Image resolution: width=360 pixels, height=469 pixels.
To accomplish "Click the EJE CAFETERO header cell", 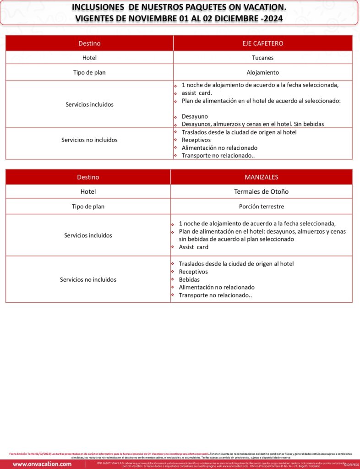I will click(x=262, y=44).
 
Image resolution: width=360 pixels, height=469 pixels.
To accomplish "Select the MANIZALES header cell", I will click(x=261, y=177).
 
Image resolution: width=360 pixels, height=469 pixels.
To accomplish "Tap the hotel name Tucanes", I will click(x=262, y=58).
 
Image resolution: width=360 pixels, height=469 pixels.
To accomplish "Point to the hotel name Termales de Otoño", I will click(x=261, y=191).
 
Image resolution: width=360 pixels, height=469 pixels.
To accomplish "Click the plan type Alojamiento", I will click(x=262, y=72).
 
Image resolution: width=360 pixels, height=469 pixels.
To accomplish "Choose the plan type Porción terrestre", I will click(x=261, y=207).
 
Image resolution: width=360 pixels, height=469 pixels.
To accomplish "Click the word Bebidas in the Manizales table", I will click(x=189, y=279).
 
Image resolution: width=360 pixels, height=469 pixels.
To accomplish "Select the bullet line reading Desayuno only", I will click(x=195, y=116).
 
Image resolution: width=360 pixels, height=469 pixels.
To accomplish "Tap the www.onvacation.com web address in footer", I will click(x=42, y=464).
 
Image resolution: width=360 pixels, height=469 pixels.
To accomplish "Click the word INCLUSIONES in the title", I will click(x=97, y=7).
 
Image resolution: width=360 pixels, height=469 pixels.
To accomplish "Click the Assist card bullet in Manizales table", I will click(x=193, y=247).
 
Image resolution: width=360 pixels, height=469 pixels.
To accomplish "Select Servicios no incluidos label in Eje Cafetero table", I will click(x=89, y=140).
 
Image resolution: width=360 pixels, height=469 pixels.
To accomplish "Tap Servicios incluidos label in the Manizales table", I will click(x=88, y=235).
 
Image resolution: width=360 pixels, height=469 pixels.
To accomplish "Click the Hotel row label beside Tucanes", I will click(x=89, y=58).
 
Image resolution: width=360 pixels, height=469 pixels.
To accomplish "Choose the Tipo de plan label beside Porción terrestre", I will click(x=88, y=207).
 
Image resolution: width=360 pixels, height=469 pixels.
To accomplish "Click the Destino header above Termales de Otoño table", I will click(x=88, y=177).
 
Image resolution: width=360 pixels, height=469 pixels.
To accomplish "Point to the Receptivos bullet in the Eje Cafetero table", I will click(x=196, y=140).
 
